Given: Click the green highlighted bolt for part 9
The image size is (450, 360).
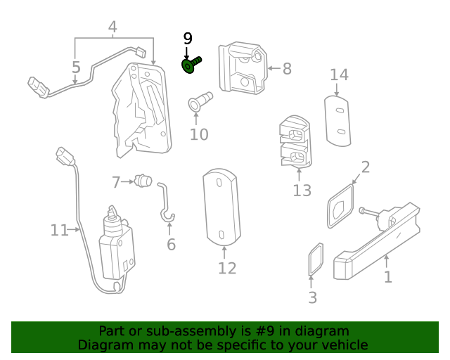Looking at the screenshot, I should [x=191, y=65].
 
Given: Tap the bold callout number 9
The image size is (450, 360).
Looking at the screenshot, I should [x=187, y=39].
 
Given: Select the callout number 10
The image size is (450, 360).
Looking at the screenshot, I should [x=199, y=134].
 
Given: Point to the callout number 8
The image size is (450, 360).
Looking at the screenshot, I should [x=286, y=69].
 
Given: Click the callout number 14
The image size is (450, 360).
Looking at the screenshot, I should [x=339, y=75].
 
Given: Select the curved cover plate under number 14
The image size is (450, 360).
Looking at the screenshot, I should [x=337, y=121].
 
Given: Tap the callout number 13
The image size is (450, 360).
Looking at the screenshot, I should [x=302, y=191].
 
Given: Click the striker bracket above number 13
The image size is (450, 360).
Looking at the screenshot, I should [x=294, y=143].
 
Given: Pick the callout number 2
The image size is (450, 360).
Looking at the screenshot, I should [x=365, y=167].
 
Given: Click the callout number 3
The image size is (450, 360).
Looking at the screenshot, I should [x=313, y=297].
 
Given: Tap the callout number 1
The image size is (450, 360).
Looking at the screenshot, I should [x=387, y=276].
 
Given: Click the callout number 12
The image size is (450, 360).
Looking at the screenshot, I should [x=226, y=268].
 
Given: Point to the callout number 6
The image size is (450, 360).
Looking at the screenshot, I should [x=171, y=245].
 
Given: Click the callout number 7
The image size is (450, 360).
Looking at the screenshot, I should [x=116, y=182].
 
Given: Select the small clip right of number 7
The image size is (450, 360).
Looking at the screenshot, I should [x=144, y=181].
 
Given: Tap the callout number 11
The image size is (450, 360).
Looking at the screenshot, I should [x=59, y=230].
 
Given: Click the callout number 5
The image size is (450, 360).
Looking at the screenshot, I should [x=76, y=67].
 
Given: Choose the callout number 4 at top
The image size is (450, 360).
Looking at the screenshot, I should [x=112, y=27].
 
